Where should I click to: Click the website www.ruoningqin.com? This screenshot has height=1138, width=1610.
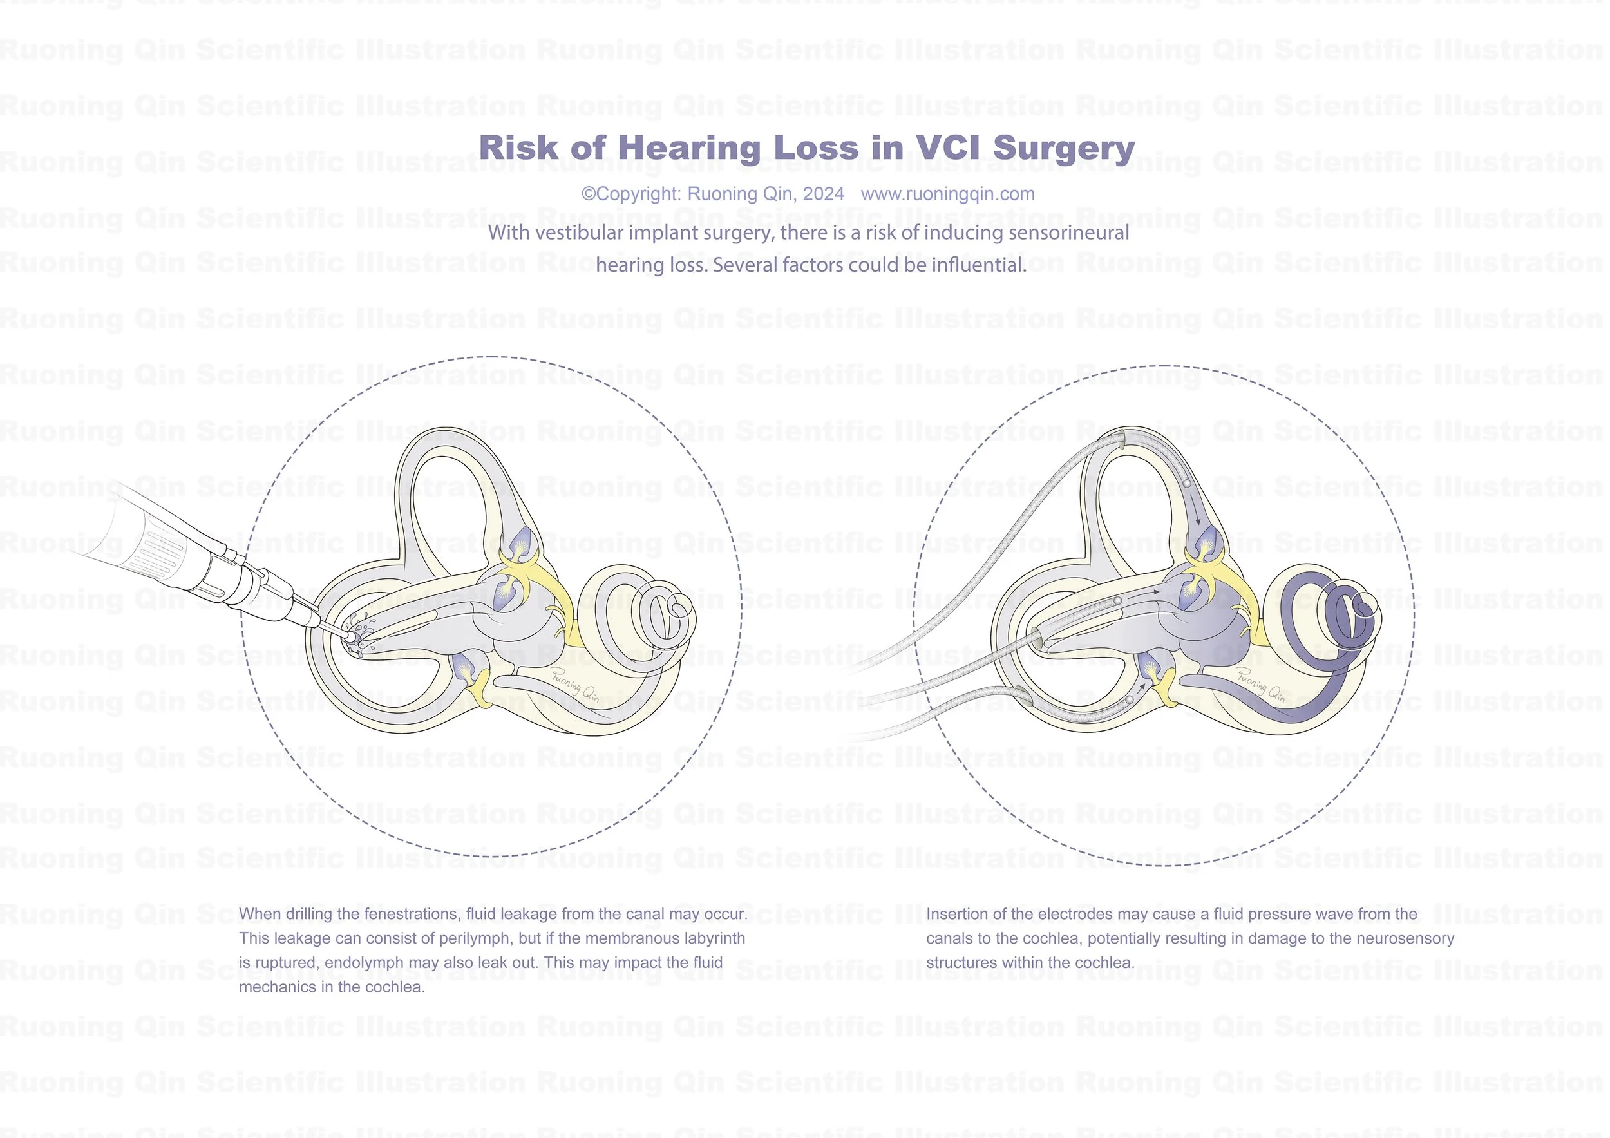click(x=947, y=194)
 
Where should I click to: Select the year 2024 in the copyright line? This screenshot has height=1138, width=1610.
click(x=822, y=194)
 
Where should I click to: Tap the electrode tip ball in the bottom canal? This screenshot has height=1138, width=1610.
click(x=1129, y=700)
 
